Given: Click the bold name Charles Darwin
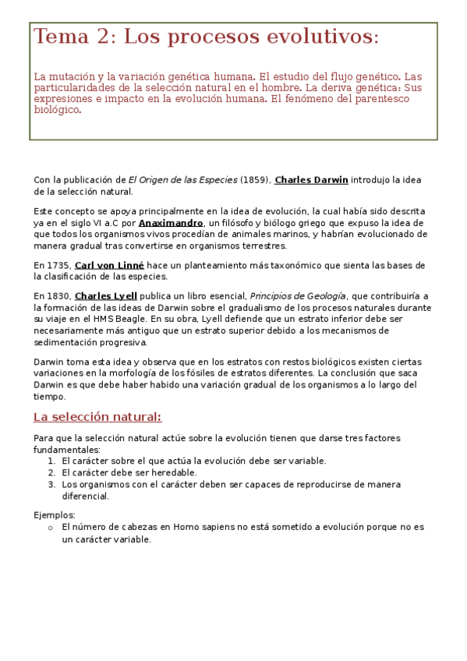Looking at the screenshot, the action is [311, 180].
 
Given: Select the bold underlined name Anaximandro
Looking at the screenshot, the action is [171, 223].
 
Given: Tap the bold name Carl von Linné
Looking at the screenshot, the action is [109, 266].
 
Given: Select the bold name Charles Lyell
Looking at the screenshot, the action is [106, 296].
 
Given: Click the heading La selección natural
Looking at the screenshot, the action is [97, 416].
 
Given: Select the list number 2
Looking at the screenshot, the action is [51, 472].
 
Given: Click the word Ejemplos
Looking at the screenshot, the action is [55, 515].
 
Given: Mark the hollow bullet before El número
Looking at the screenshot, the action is [50, 528].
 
